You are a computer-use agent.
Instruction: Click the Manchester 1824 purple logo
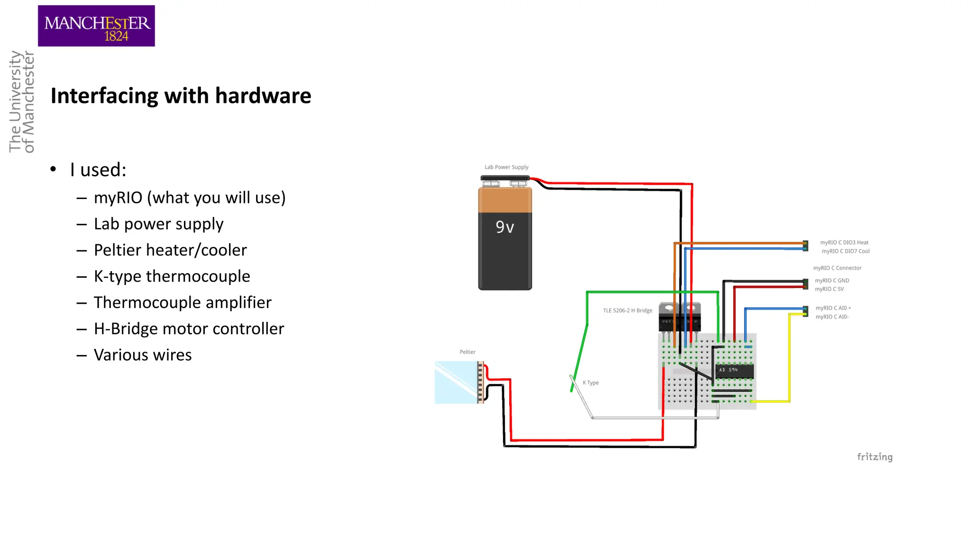coord(96,26)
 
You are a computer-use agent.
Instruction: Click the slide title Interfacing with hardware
coord(181,96)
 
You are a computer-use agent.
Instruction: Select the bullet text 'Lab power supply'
coord(158,224)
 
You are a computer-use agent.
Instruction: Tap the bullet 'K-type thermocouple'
coord(172,276)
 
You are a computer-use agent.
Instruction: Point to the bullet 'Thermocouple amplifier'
coord(183,302)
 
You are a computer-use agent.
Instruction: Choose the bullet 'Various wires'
coord(143,355)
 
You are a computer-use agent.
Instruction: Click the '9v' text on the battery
coord(505,227)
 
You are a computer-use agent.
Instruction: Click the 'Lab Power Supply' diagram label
coord(506,167)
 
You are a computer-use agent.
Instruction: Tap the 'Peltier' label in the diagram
coord(467,352)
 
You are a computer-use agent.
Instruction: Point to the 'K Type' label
coord(591,383)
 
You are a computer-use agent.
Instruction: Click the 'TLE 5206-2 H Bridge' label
coord(628,311)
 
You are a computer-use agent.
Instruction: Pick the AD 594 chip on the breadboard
coord(734,370)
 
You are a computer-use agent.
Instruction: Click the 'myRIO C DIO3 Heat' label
coord(844,243)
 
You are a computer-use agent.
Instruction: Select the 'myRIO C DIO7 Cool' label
coord(846,252)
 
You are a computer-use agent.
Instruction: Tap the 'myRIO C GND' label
coord(832,281)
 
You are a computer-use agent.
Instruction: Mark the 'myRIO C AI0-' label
coord(832,317)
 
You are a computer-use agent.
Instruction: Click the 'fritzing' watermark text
coord(875,457)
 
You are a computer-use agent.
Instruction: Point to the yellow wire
coord(789,360)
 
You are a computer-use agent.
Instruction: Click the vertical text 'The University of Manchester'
coord(22,101)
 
